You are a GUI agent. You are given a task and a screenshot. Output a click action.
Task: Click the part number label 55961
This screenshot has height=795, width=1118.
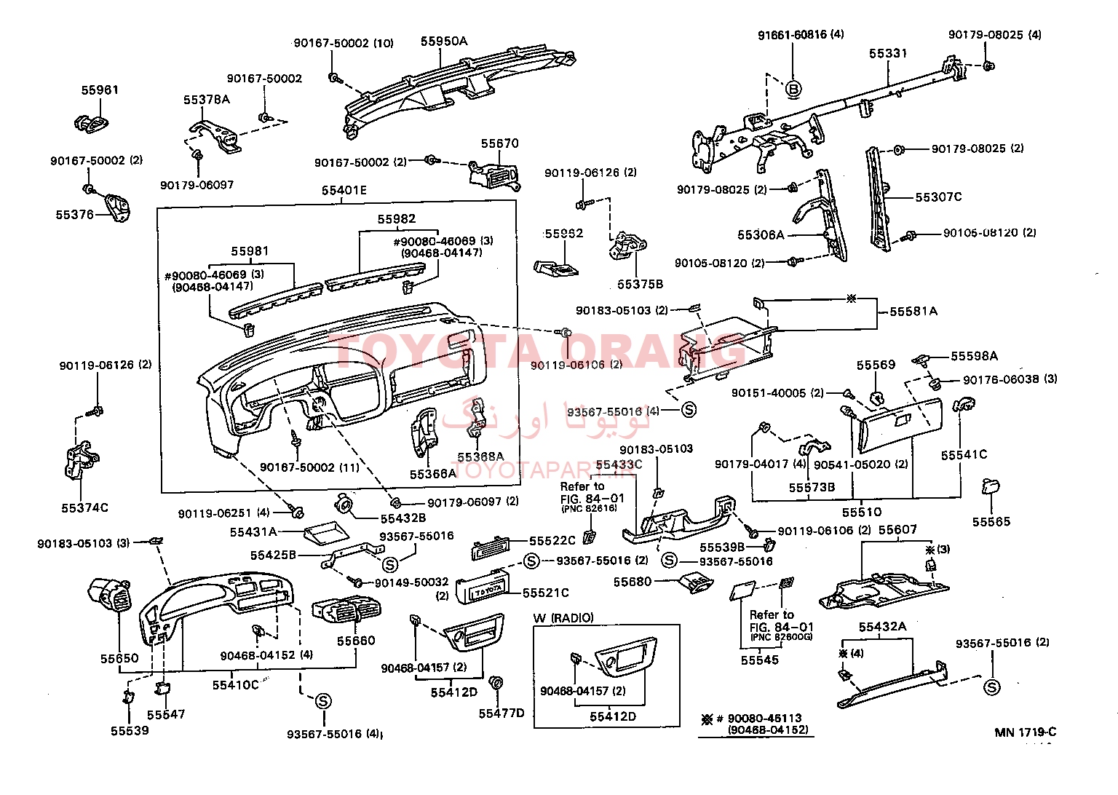100,90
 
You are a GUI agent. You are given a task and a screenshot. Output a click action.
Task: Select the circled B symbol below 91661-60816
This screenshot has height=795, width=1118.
793,89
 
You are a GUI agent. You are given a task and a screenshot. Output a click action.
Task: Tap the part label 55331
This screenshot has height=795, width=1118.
888,53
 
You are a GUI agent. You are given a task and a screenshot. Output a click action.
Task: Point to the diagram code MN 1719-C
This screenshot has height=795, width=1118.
1026,732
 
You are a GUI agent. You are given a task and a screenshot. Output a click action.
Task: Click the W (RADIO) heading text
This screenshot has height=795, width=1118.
563,618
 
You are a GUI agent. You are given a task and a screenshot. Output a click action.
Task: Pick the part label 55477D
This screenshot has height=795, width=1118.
501,713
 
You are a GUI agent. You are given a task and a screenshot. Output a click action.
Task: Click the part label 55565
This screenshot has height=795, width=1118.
991,521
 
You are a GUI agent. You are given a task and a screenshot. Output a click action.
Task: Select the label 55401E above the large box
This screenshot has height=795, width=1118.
344,191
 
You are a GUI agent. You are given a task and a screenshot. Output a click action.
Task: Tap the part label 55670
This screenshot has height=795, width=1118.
500,143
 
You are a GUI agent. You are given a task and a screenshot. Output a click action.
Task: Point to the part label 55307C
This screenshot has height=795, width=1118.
938,197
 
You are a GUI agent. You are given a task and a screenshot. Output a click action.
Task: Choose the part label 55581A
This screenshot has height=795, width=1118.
913,312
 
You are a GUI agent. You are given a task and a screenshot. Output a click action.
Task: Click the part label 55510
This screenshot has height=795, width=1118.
862,513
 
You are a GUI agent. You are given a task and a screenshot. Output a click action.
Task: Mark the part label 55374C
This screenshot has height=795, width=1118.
84,507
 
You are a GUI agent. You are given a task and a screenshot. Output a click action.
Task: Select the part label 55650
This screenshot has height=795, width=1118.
119,658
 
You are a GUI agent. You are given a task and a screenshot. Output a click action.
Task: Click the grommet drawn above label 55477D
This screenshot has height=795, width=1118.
497,684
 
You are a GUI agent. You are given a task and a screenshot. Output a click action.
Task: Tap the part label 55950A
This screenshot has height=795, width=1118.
443,41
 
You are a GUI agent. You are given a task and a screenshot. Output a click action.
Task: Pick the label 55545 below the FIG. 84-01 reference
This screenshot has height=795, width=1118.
759,660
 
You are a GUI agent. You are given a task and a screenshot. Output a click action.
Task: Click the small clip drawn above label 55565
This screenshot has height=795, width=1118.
991,486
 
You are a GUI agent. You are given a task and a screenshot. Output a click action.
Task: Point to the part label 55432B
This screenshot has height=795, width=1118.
403,519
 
